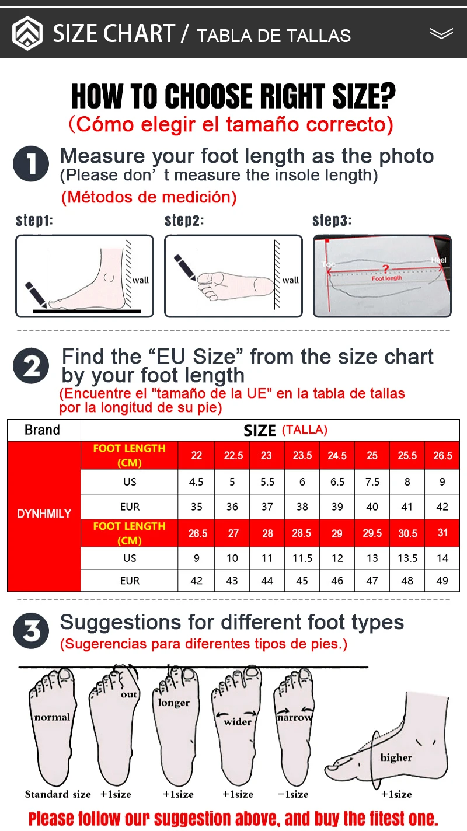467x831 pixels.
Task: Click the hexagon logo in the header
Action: tap(27, 33)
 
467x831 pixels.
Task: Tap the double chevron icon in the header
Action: tap(441, 33)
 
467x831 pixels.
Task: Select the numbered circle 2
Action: tap(31, 366)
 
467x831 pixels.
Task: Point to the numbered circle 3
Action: tap(31, 630)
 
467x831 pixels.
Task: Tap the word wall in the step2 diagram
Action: tap(290, 280)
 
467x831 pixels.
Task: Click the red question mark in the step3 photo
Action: tap(386, 268)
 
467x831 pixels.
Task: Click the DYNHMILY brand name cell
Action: tap(44, 514)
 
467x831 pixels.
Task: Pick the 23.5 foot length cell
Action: tap(302, 455)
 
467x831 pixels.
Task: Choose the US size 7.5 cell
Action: tap(372, 481)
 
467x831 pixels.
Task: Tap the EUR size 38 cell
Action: tap(302, 507)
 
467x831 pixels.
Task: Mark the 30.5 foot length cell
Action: tap(407, 533)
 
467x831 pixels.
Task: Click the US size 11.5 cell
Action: tap(302, 558)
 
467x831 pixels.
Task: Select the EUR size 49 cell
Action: tap(442, 581)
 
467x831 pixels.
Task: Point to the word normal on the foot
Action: tap(52, 717)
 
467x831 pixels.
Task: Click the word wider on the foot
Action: tap(238, 721)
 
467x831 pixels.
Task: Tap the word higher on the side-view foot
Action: tap(396, 757)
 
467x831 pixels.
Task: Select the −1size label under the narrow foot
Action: tap(293, 794)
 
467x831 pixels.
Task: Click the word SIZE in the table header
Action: tap(260, 431)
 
